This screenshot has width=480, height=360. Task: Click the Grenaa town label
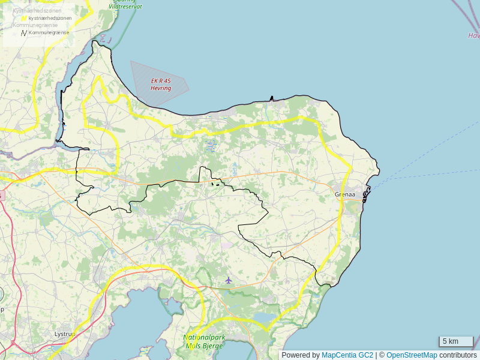(x=345, y=194)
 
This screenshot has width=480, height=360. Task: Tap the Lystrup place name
(x=63, y=334)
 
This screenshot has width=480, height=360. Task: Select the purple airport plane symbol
(x=229, y=280)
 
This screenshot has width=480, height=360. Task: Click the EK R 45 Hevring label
(x=161, y=85)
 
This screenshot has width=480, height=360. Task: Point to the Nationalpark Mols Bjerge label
(x=204, y=341)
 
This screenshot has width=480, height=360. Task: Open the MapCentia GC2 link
(x=347, y=355)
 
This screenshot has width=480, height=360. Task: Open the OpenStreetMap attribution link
(x=412, y=355)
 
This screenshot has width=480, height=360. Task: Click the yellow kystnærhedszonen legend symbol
(x=24, y=19)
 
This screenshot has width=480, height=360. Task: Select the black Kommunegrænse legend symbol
(x=24, y=32)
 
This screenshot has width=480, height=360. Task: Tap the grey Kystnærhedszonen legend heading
(x=37, y=11)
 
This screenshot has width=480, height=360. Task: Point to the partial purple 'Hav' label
(x=474, y=36)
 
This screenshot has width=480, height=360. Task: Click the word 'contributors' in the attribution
(x=458, y=355)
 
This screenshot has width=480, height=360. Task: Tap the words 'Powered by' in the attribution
(x=301, y=355)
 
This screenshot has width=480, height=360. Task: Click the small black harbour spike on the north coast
(x=272, y=98)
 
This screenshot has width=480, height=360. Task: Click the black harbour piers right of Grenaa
(x=367, y=193)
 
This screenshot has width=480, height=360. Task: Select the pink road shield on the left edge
(x=1, y=196)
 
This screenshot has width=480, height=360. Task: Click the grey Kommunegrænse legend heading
(x=35, y=25)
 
